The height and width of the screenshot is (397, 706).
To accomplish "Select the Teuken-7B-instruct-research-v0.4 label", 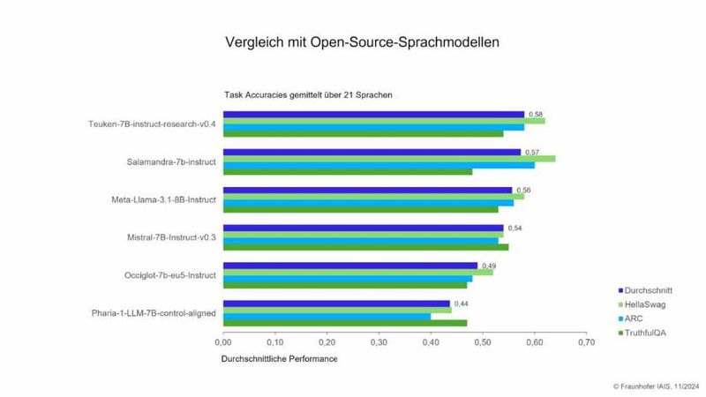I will click(x=152, y=124).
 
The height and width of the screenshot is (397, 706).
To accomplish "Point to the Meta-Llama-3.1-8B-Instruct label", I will click(x=159, y=199).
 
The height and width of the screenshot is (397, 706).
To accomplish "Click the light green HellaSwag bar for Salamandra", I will click(x=388, y=159).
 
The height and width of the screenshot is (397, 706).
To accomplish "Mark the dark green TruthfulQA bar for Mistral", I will click(x=353, y=247).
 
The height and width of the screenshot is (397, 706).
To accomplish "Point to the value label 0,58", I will click(x=535, y=114).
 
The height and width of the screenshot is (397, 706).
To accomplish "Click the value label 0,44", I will click(x=461, y=303).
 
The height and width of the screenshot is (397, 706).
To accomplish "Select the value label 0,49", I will click(x=488, y=266).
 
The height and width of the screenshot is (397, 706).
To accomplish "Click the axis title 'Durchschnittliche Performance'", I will click(x=277, y=359).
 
